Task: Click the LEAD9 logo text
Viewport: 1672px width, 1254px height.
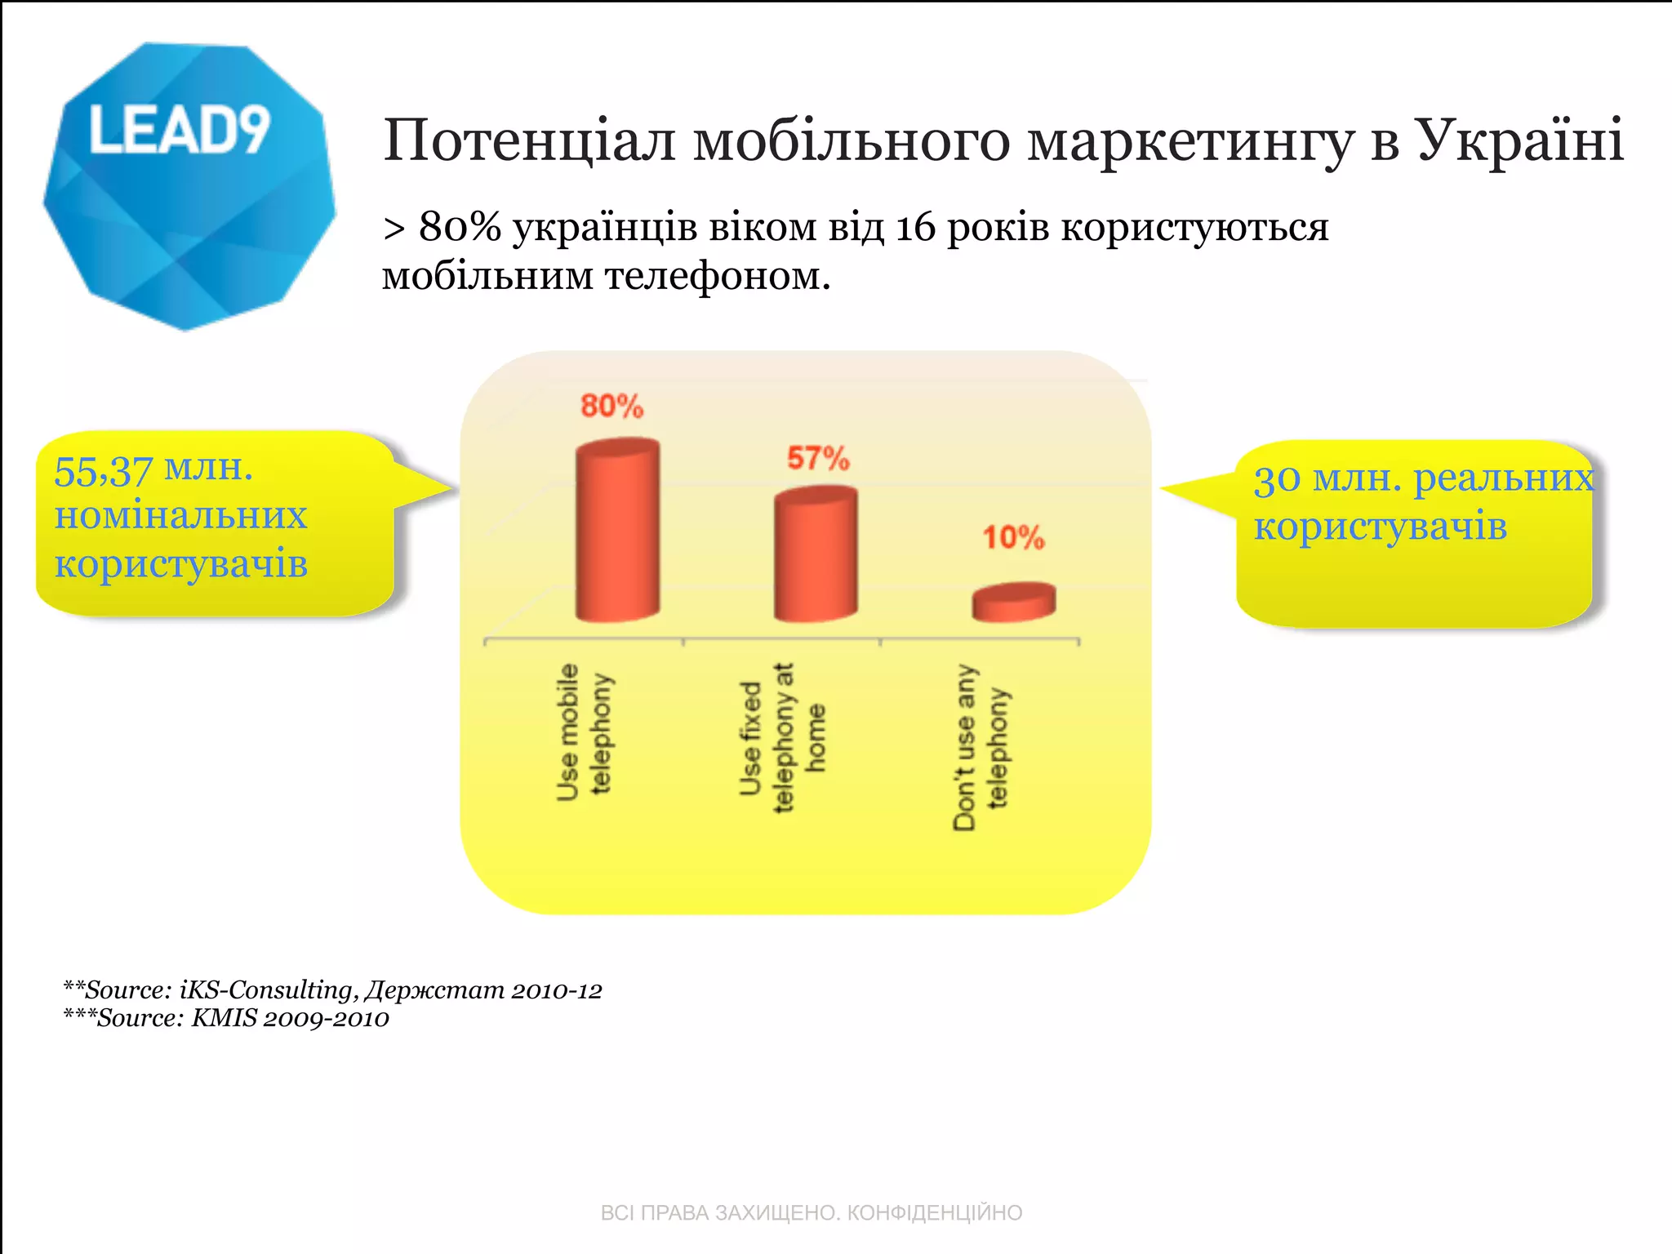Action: (x=179, y=131)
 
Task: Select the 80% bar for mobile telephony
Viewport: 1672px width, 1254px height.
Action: (x=617, y=531)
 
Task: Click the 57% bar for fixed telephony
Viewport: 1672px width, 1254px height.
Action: (x=816, y=555)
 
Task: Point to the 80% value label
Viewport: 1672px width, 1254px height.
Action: (x=611, y=406)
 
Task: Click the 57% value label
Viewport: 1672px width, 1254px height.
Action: (x=818, y=458)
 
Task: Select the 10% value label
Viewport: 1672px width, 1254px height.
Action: (x=1013, y=537)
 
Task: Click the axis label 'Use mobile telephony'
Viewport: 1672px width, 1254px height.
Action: (x=583, y=732)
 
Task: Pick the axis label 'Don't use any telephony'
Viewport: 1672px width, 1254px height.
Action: (x=981, y=747)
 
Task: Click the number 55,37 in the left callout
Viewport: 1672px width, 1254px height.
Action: (x=103, y=471)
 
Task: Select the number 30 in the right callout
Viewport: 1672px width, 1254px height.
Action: (x=1276, y=479)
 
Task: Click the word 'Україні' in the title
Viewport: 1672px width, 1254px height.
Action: (x=1519, y=140)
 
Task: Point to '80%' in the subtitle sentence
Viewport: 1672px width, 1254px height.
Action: (x=460, y=227)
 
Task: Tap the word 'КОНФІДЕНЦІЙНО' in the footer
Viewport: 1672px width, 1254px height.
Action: (x=934, y=1212)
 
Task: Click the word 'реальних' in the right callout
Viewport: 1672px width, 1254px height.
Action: (x=1503, y=478)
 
